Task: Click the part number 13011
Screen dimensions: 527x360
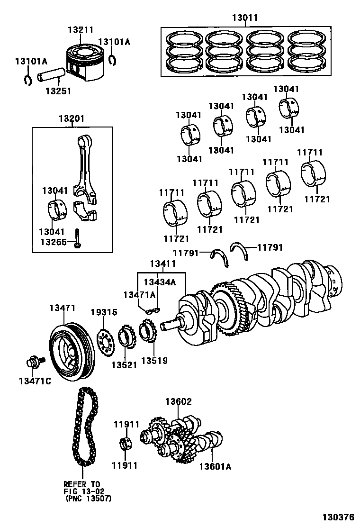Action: [245, 19]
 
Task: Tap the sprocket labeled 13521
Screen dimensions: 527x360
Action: [125, 343]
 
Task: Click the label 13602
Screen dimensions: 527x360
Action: [178, 402]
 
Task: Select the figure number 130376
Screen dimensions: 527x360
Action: [337, 517]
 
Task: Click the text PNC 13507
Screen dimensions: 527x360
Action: [88, 499]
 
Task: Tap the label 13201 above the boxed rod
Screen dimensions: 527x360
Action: [72, 119]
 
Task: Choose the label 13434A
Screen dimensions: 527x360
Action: [160, 282]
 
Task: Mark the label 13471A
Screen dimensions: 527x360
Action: [139, 295]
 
